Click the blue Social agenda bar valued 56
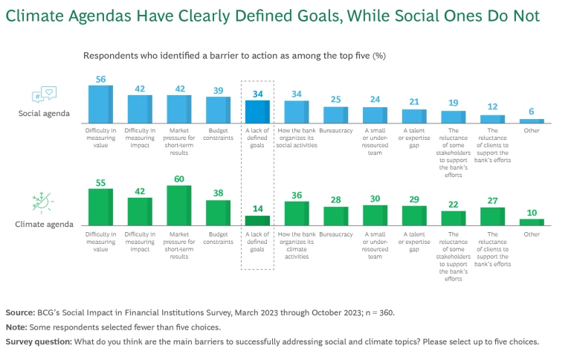100,104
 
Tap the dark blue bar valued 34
257,112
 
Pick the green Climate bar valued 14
257,219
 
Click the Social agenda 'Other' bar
532,121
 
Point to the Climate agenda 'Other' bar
532,222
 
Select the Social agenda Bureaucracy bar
336,115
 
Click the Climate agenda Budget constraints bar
219,212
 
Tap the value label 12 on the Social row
493,107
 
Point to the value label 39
219,90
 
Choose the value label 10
532,213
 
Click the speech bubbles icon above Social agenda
44,95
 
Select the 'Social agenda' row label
44,114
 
